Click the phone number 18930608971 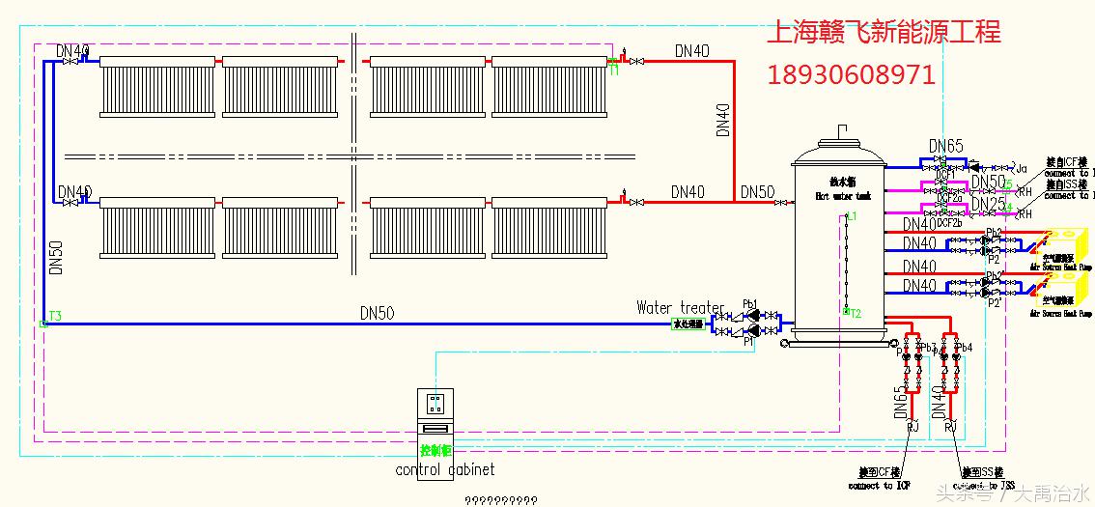[851, 74]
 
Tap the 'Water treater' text [680, 308]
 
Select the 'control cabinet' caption [445, 469]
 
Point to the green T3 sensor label [56, 316]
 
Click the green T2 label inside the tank [855, 312]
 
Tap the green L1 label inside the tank [851, 217]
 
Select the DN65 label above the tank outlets [946, 147]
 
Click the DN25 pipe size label [987, 204]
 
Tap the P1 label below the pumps [748, 341]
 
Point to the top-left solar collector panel [157, 85]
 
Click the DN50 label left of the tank [757, 192]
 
